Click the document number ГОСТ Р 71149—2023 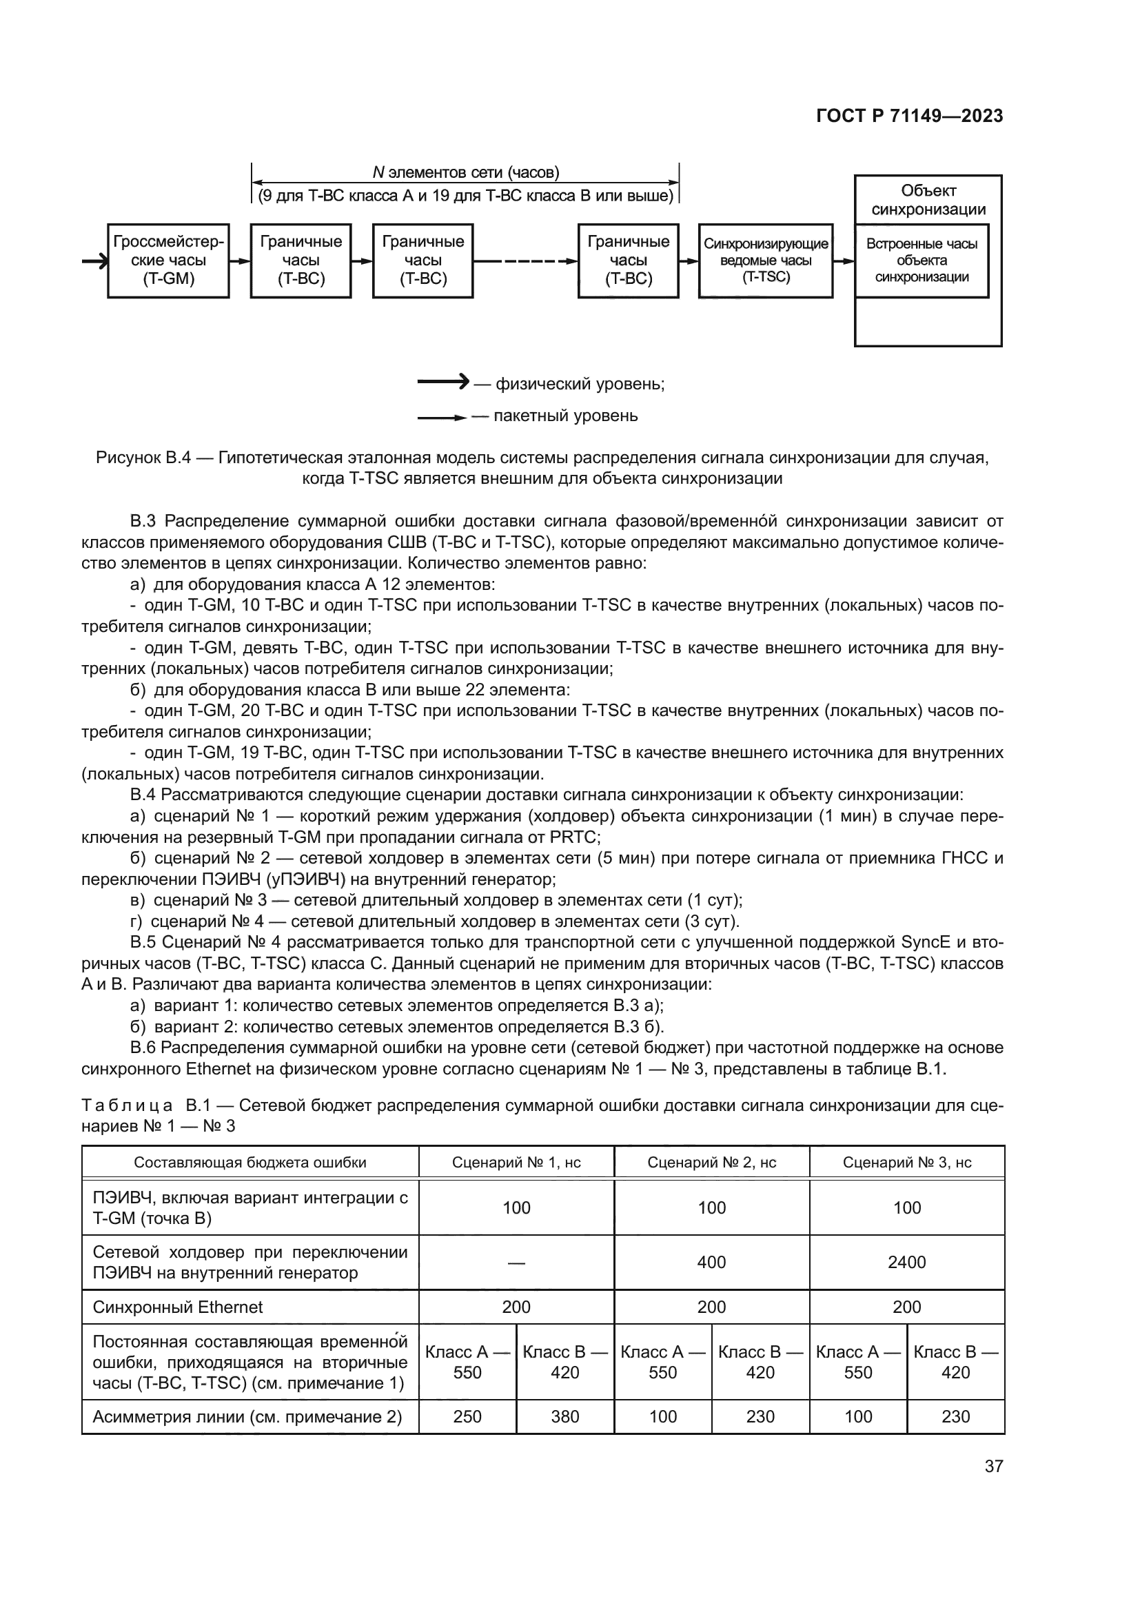(909, 116)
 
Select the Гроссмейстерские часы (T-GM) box (168, 261)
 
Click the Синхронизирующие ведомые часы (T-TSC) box (765, 261)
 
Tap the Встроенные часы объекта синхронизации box (921, 261)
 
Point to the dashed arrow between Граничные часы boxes (525, 261)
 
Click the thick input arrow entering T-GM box (94, 261)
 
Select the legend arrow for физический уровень (443, 382)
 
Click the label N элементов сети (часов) (465, 173)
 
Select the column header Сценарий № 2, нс (711, 1162)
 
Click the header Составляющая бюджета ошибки (250, 1162)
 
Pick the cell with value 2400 (906, 1263)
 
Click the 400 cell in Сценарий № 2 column (711, 1263)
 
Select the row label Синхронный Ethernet (178, 1307)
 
